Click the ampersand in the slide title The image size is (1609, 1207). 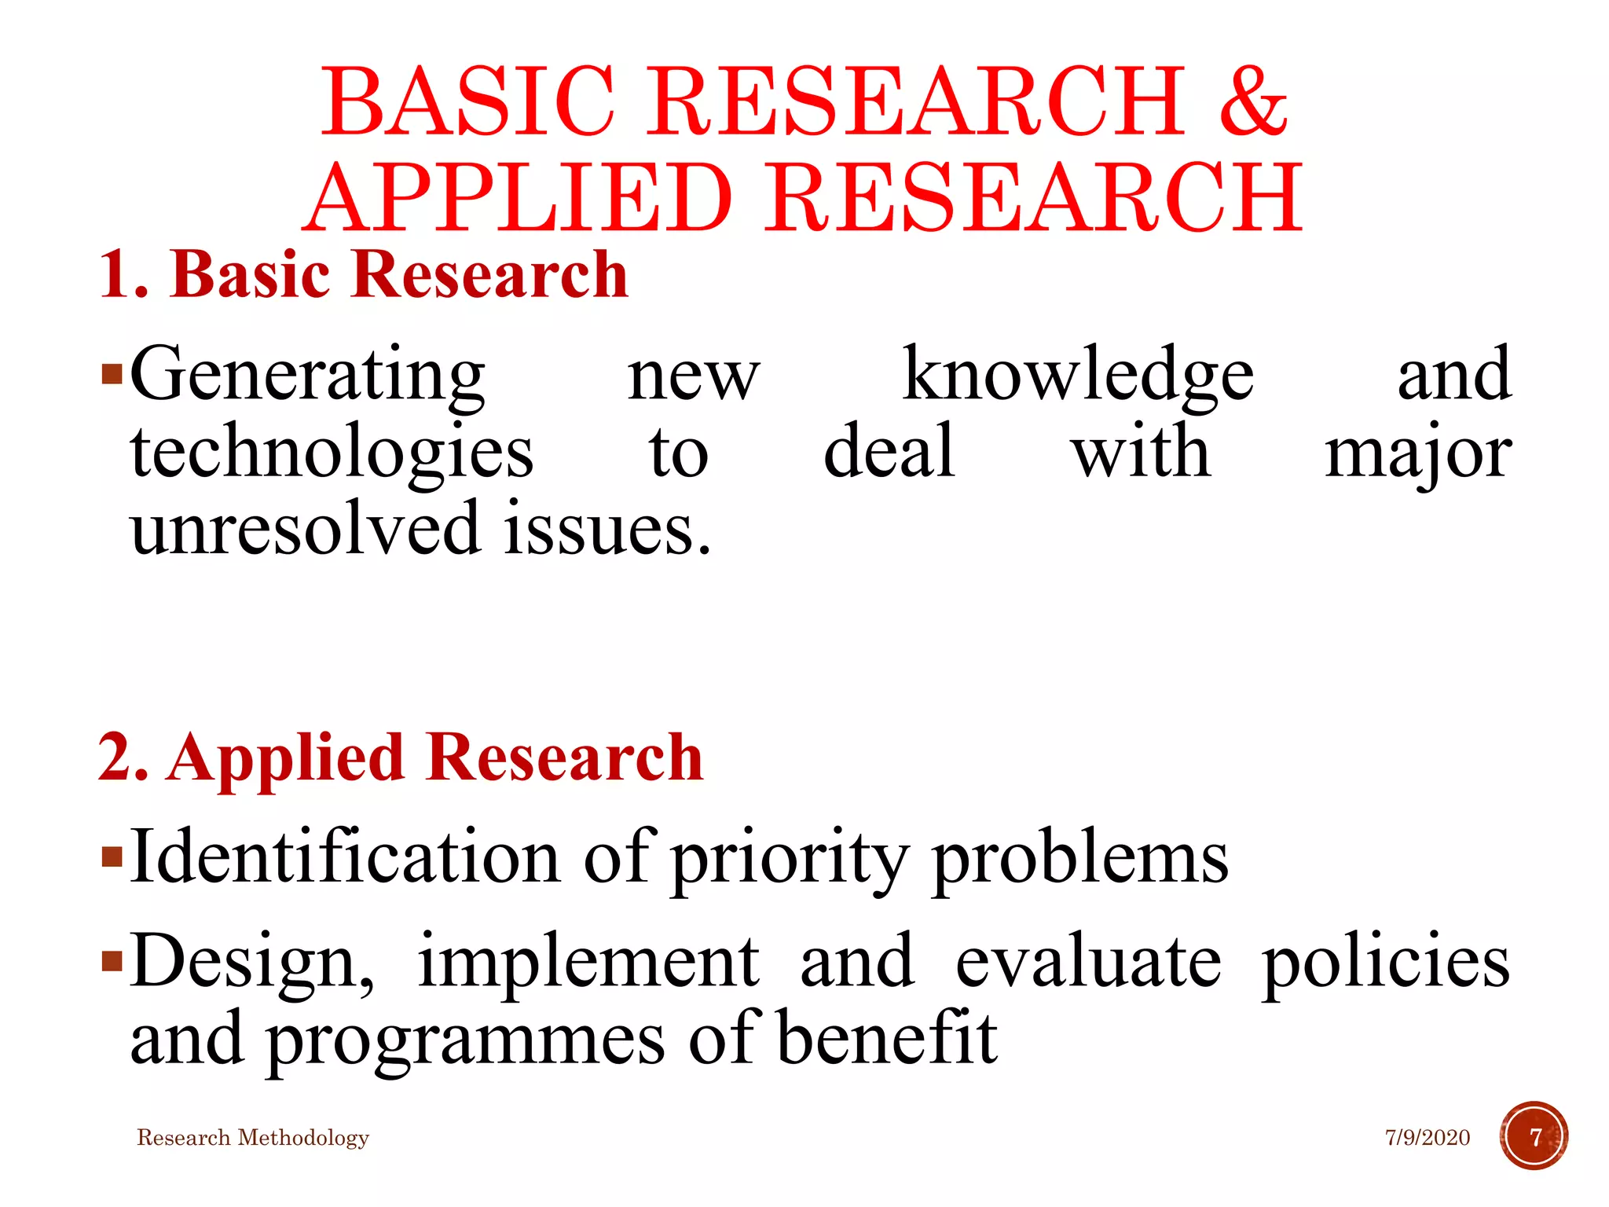1252,102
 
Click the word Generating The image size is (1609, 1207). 307,376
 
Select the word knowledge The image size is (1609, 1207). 1077,376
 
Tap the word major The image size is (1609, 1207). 1417,454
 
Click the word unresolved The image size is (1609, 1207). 306,528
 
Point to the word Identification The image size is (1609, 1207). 345,857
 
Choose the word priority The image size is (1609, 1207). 790,860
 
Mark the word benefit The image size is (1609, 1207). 887,1037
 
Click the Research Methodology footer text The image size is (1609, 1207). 253,1138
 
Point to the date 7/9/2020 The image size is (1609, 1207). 1427,1138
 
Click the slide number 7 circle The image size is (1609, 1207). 1534,1136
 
